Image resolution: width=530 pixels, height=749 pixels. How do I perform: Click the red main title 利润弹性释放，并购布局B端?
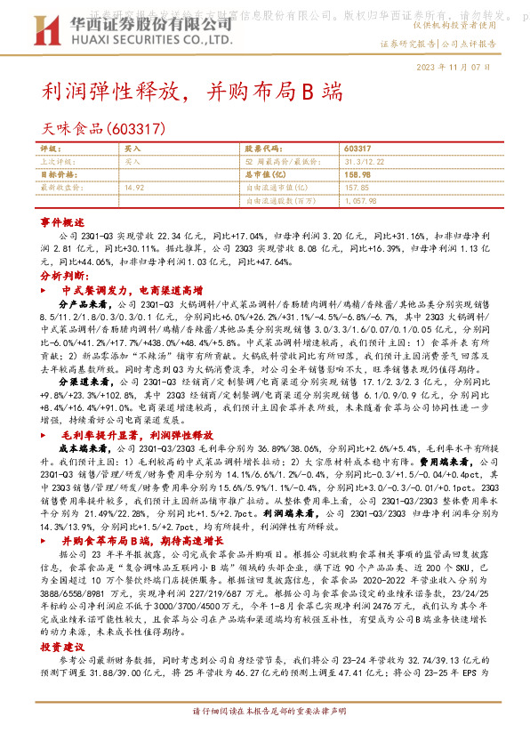pos(191,92)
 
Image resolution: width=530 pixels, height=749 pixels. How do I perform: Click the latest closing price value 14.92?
pos(135,188)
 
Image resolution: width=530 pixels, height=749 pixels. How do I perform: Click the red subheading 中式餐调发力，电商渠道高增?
pos(132,290)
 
